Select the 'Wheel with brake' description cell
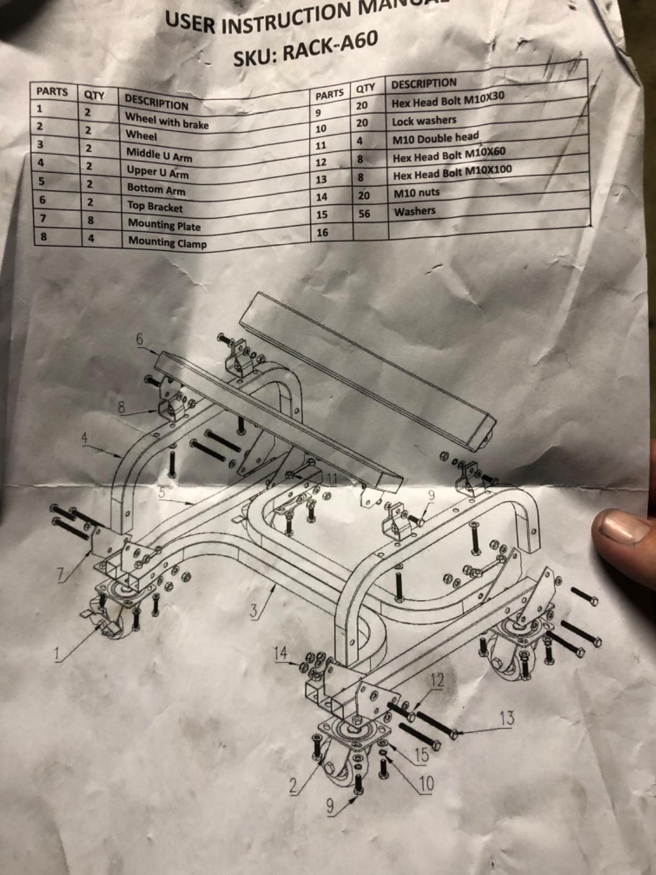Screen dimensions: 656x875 (x=167, y=121)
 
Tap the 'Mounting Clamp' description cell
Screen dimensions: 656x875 (x=167, y=242)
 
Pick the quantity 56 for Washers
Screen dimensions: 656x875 (x=364, y=214)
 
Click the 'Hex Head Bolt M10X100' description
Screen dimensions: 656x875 (x=452, y=173)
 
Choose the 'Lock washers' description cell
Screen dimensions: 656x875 (x=424, y=121)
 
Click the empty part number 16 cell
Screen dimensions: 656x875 (x=322, y=232)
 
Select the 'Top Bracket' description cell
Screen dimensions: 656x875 (x=154, y=206)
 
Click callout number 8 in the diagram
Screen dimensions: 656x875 (x=122, y=407)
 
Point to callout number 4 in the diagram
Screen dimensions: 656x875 (x=85, y=437)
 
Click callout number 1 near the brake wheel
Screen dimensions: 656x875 (x=58, y=654)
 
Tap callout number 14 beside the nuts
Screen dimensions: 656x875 (x=281, y=652)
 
